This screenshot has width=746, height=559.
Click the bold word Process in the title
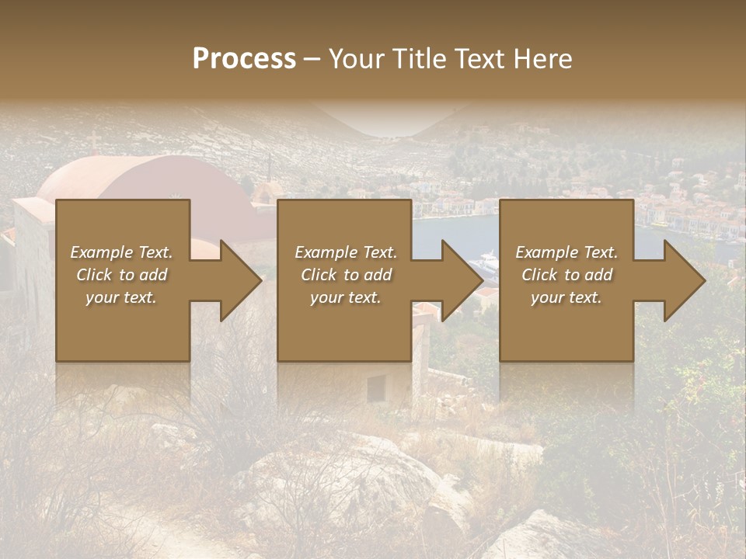(244, 59)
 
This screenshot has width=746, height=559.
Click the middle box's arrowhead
(461, 280)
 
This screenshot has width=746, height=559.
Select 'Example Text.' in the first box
(121, 252)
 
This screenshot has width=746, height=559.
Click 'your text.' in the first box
(121, 297)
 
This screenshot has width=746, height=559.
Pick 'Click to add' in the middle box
(346, 275)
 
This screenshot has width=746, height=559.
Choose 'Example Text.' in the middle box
(346, 252)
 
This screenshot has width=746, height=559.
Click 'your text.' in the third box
(566, 297)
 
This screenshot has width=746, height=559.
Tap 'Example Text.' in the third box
(566, 252)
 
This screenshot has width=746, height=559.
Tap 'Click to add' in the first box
(121, 275)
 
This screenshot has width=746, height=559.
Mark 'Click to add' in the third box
(566, 275)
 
